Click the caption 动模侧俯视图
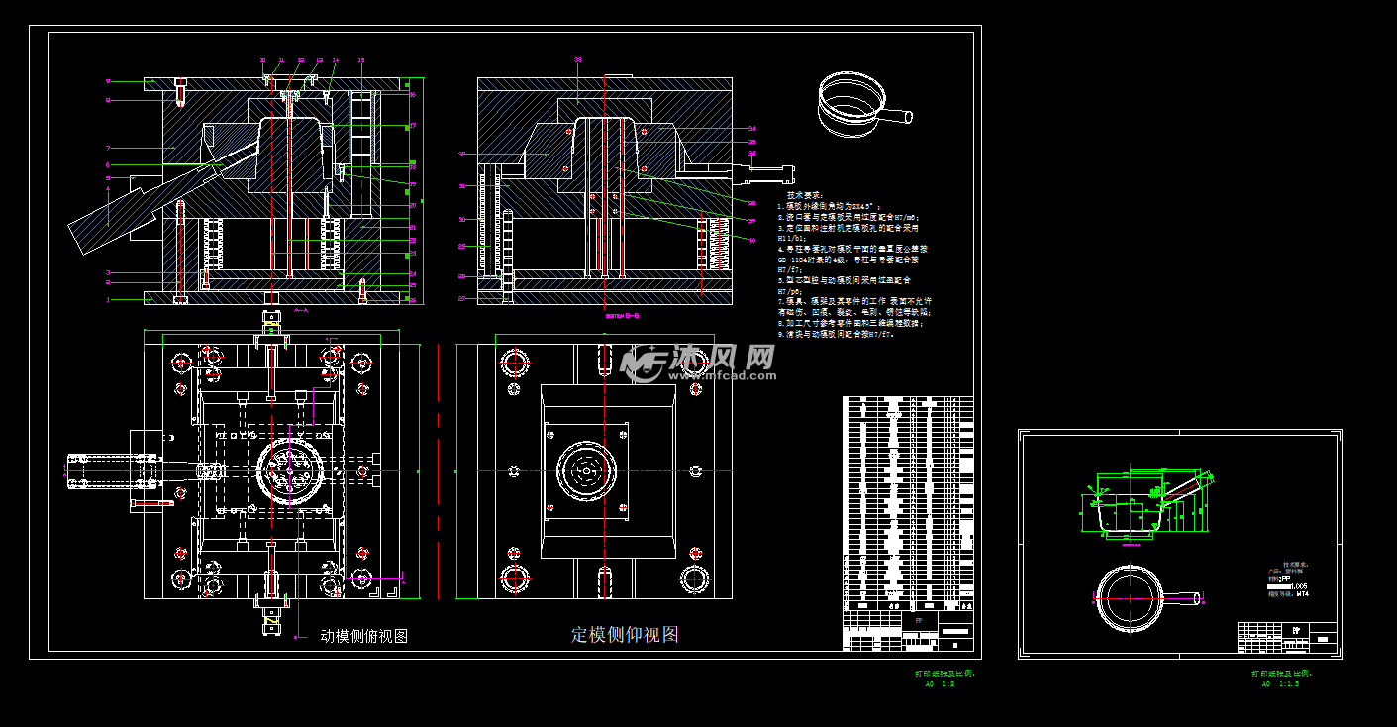pos(364,637)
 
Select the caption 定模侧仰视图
pos(625,635)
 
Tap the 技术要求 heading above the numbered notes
pos(804,195)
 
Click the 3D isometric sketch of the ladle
pos(857,104)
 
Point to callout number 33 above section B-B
pos(578,60)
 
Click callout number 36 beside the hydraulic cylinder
pos(752,154)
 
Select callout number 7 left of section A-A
pos(108,148)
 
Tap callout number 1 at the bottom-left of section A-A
pos(108,299)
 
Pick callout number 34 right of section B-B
pos(752,129)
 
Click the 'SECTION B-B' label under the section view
pos(622,316)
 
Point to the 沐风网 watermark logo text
pos(723,357)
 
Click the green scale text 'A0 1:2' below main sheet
pos(936,683)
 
